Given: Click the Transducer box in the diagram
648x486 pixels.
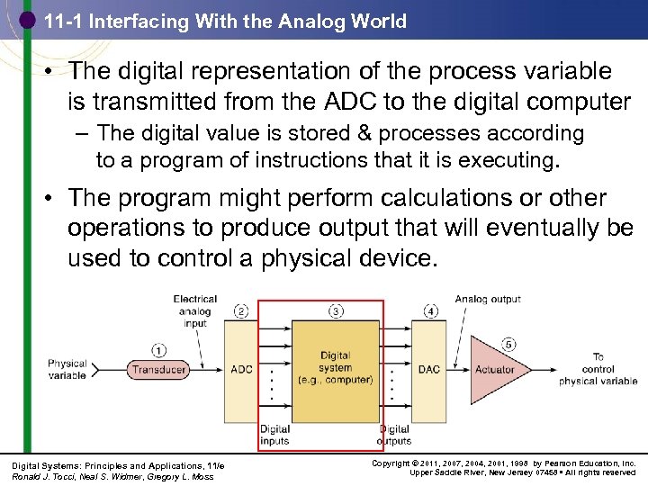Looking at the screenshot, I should point(158,369).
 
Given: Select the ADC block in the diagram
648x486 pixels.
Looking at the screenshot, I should point(242,369).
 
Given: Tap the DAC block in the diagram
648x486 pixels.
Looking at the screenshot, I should point(429,369).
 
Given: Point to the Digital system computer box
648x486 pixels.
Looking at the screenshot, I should point(336,368).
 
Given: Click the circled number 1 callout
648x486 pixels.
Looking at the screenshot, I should point(158,350).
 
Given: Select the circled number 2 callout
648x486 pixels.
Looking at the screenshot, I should point(241,311).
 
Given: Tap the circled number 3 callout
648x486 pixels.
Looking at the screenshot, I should point(336,311).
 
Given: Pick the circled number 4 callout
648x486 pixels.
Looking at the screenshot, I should point(430,311).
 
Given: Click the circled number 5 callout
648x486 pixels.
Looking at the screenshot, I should point(508,343).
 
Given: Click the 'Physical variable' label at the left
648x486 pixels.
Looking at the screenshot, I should point(67,370).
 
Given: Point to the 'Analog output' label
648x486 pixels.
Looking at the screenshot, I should point(488,299).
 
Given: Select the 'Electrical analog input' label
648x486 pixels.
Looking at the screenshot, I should point(194,311).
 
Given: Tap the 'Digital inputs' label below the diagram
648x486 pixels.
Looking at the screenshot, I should point(274,435).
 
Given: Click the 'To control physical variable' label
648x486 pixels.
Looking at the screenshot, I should point(598,369).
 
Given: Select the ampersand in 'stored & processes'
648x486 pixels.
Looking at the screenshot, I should point(364,134).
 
